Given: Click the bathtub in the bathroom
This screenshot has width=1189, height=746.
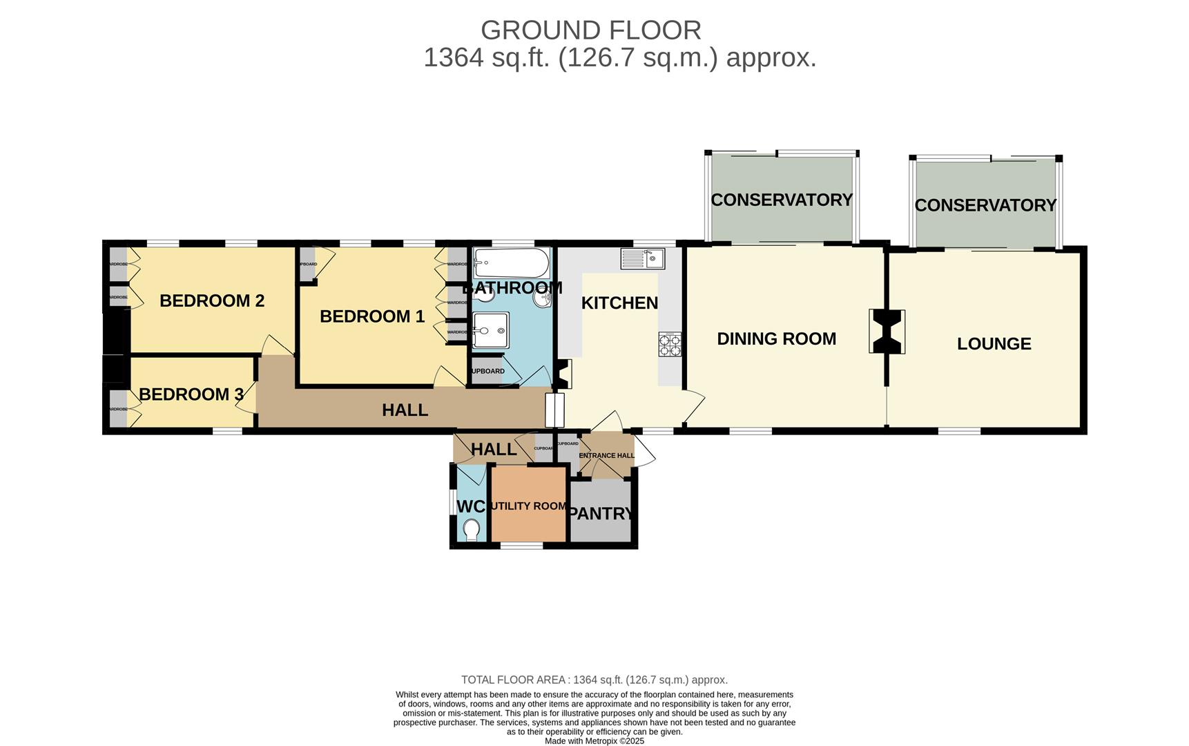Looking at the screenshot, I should point(512,263).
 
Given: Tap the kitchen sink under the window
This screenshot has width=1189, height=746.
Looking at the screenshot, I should point(643,259).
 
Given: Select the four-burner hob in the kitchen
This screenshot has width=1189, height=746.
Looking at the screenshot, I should point(670,344).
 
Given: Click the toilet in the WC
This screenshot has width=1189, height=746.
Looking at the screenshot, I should point(472,530).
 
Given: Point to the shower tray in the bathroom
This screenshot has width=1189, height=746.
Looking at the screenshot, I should point(492,332).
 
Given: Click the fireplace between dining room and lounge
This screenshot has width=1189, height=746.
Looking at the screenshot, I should point(887,332).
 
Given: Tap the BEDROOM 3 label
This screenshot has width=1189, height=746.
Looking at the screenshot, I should point(191,394).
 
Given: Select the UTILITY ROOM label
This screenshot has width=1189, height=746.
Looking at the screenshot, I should point(528,506).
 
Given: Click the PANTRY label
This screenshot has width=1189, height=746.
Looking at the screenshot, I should point(601,513).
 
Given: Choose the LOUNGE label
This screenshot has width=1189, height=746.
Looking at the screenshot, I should point(994,344).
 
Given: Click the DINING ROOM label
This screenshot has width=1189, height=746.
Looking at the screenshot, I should point(776,339).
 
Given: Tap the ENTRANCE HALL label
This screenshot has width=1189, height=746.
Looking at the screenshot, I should point(606,456).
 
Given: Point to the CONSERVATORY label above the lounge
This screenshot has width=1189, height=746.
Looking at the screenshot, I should point(985,205).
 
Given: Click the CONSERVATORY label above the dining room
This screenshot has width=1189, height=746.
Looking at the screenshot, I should point(782,200).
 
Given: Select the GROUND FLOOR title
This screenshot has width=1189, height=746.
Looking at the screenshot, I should point(591,30).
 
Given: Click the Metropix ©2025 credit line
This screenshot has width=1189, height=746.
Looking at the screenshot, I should point(594,741).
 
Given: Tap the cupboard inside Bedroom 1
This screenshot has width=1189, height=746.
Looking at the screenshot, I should point(307,264).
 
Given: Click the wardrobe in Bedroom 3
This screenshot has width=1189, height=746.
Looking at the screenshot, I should point(118,409).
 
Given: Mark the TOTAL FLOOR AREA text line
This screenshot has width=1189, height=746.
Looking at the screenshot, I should point(594,680).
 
